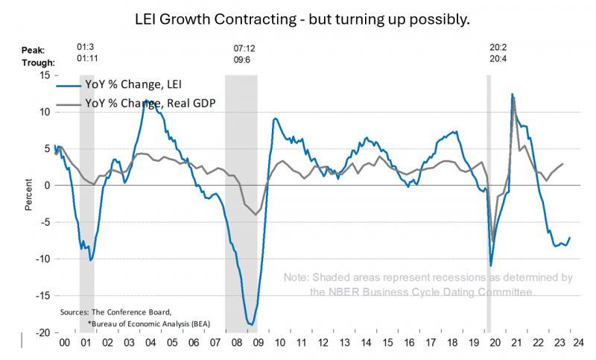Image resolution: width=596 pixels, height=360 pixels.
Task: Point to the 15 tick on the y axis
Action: pos(44,75)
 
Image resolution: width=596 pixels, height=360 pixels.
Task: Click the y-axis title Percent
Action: pos(28,196)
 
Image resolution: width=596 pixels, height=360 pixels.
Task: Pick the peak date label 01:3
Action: pos(86,48)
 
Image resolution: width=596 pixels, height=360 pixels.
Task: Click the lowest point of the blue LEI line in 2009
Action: pos(251,324)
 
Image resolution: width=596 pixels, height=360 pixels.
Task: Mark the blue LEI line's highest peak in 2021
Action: pos(513,94)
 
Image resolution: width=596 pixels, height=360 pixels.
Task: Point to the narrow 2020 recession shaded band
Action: pos(489,201)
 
